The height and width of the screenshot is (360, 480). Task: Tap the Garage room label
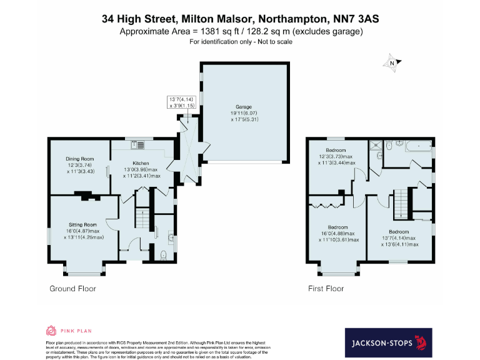pos(243,107)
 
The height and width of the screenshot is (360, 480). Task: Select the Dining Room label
pos(79,159)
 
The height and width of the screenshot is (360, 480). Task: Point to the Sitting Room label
pos(82,224)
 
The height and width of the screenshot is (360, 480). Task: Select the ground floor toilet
pos(164,254)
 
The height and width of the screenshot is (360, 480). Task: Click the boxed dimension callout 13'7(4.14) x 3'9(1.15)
pos(182,102)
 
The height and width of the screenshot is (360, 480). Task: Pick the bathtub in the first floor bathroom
pos(417,147)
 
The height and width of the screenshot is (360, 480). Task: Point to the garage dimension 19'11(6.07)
pos(243,113)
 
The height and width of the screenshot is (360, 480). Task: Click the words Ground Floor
pos(72,289)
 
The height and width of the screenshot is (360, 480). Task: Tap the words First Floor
pos(326,289)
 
